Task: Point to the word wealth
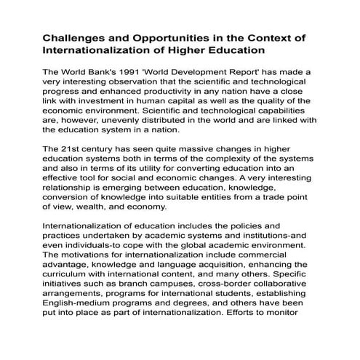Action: pyautogui.click(x=92, y=207)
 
